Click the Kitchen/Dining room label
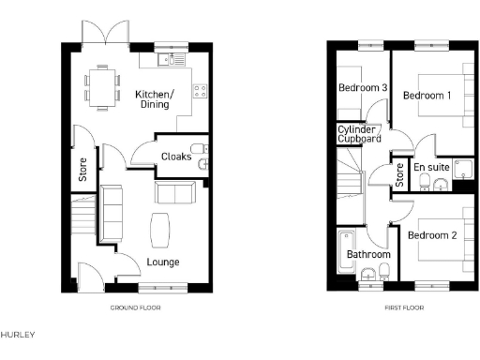[153, 99]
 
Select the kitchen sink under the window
[169, 59]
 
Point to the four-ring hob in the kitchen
[200, 91]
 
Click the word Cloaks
[176, 157]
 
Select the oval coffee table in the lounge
[160, 228]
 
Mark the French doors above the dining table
[102, 36]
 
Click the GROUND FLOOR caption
[137, 307]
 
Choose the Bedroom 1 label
[427, 96]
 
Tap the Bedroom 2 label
[432, 234]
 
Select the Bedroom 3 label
[363, 88]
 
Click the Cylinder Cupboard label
[360, 134]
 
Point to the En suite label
[432, 168]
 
